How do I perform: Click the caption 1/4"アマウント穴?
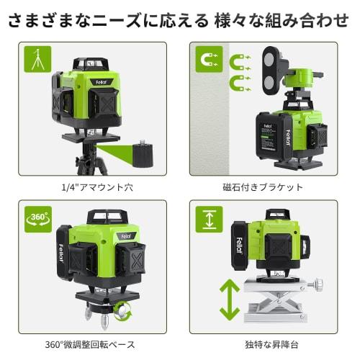91,187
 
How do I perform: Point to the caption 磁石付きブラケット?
263,187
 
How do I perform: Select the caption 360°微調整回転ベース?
91,345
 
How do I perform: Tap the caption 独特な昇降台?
263,345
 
